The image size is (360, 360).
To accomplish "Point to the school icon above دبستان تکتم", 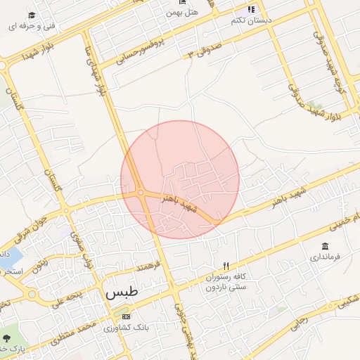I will pos(250,9).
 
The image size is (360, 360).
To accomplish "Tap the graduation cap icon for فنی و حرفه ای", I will pos(31,15).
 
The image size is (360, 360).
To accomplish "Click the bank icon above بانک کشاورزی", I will pos(126,316).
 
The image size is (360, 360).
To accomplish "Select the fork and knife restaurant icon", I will pos(226,266).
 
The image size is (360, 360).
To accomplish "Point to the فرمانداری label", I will pos(325,257).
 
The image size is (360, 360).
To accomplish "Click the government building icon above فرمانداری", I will pos(324,246).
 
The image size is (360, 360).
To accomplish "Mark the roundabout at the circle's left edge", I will pos(141,192).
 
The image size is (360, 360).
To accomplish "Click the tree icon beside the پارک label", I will pos(6,338).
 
